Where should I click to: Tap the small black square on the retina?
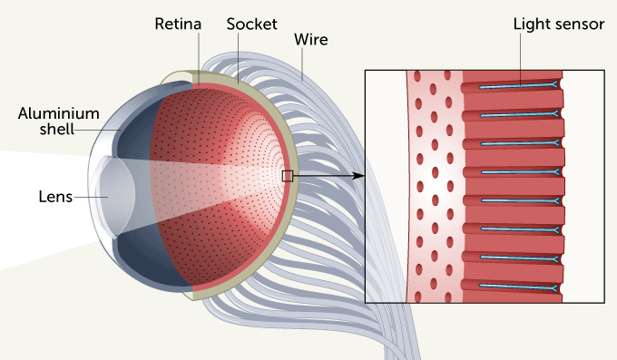click(288, 176)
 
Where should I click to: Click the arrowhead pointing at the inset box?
click(359, 176)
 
